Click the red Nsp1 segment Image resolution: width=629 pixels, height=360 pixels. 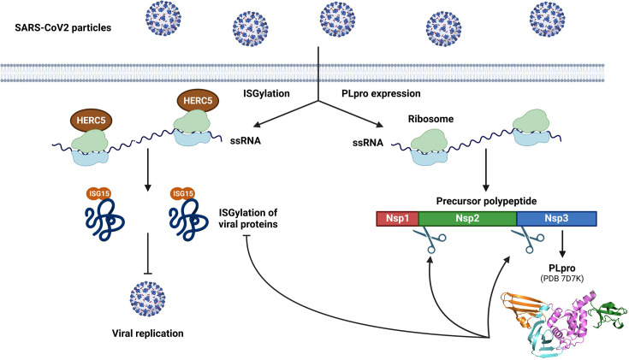397,217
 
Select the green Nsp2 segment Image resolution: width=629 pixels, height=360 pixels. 467,217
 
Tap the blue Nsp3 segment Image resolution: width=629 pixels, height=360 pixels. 556,217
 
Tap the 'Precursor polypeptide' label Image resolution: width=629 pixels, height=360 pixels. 487,198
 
